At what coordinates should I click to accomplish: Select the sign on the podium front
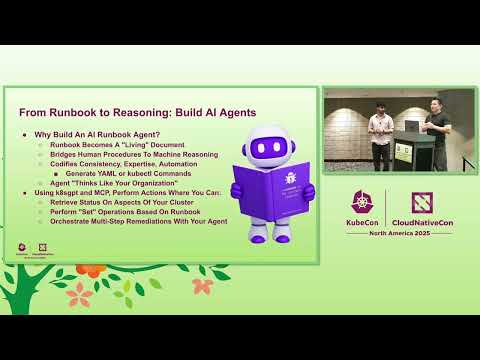click(x=402, y=152)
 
